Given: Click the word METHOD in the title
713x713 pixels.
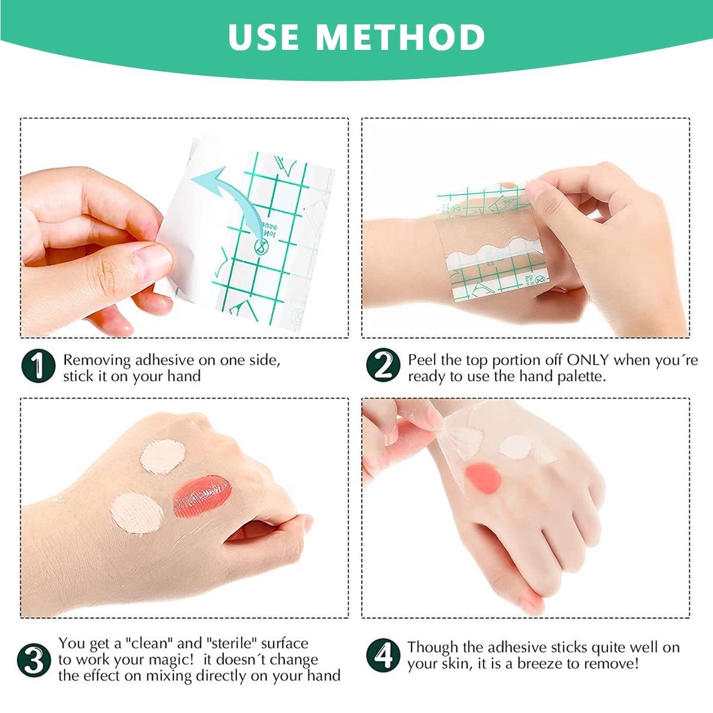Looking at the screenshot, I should pos(400,37).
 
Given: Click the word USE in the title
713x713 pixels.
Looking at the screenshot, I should pos(264,37).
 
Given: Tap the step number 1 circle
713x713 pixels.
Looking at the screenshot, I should pos(39,366).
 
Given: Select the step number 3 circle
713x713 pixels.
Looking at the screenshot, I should pos(34,660).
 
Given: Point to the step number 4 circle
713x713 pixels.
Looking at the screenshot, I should pos(383,655).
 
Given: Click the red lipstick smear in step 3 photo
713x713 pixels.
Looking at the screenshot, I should pos(201,494).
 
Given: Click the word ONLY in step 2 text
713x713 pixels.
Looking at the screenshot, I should pos(588,360).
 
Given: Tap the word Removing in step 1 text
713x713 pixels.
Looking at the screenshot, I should pos(97,360).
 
